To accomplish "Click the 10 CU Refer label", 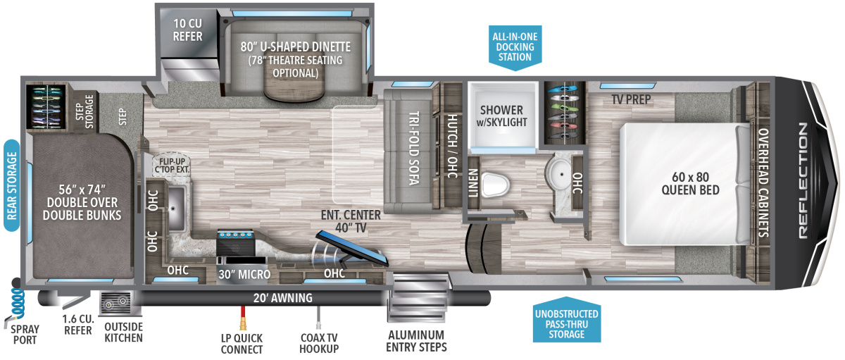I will tap(187, 30).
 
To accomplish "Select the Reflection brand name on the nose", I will tap(805, 184).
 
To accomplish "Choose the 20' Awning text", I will tap(284, 298).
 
